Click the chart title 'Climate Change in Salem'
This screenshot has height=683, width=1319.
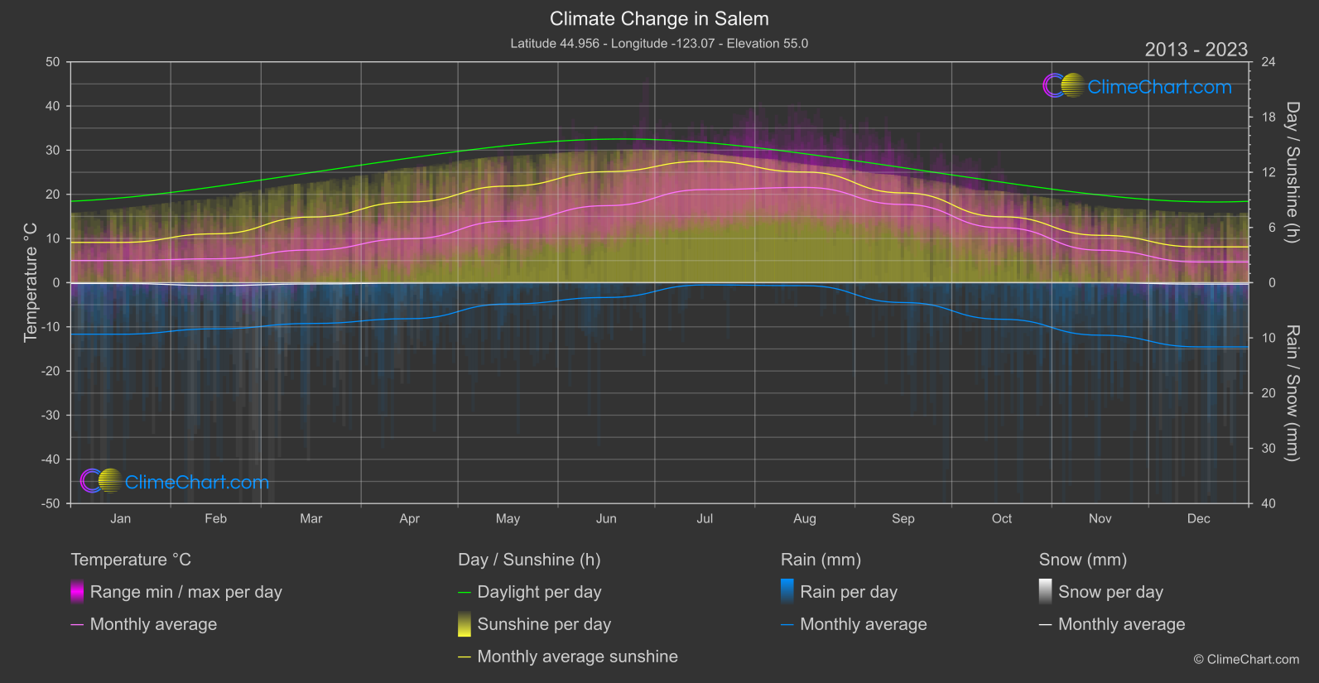[x=659, y=19]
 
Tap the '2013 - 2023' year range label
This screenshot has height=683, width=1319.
[x=1196, y=50]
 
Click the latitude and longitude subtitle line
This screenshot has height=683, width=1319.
[x=659, y=43]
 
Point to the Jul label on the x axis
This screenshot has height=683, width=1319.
[x=705, y=519]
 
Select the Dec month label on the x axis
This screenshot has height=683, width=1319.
[x=1198, y=519]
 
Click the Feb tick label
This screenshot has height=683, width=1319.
[x=215, y=519]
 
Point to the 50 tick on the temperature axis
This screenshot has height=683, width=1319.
[x=53, y=62]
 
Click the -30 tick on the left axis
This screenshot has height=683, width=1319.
[x=51, y=416]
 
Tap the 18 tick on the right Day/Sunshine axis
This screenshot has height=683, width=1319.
[x=1268, y=118]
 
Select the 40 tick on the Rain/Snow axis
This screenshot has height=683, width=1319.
[x=1268, y=503]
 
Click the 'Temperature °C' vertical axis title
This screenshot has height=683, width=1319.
[x=31, y=282]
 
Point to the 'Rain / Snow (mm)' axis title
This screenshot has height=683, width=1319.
[x=1293, y=392]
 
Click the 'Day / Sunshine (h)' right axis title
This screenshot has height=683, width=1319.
[x=1293, y=172]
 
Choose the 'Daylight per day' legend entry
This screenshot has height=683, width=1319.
[x=539, y=592]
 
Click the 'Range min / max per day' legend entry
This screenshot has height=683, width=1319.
[x=185, y=592]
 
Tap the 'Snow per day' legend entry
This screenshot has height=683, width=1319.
[x=1110, y=592]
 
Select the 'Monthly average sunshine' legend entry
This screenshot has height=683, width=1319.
[x=577, y=657]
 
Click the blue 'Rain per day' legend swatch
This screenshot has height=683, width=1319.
[x=787, y=591]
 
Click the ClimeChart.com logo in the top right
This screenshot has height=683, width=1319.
[x=1138, y=86]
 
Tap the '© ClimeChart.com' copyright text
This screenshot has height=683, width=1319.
[x=1246, y=659]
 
